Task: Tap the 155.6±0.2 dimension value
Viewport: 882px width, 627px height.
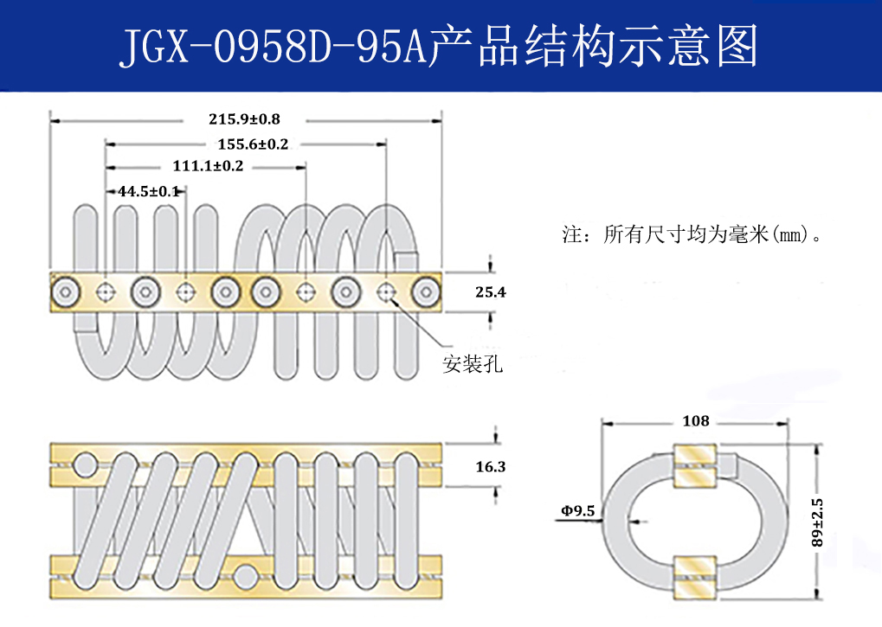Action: [x=253, y=144]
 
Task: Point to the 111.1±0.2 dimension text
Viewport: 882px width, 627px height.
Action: [x=208, y=166]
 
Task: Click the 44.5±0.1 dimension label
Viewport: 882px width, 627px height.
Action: [x=148, y=190]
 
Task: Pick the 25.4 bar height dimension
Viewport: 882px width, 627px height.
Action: [x=490, y=293]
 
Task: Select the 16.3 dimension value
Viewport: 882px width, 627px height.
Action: [x=490, y=467]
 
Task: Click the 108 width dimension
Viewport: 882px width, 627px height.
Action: [x=695, y=421]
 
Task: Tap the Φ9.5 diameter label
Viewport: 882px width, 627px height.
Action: [x=577, y=511]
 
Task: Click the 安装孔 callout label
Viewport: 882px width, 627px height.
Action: [x=473, y=364]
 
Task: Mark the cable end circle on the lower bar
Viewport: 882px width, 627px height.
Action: [x=246, y=574]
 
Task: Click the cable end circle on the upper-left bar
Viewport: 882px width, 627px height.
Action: [x=85, y=465]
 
